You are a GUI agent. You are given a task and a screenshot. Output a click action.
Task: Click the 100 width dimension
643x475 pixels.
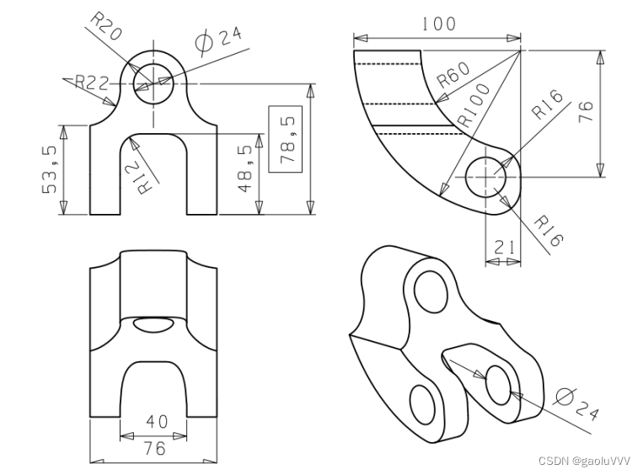pos(437,24)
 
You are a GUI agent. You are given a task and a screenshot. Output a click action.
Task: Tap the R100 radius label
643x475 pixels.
pos(474,106)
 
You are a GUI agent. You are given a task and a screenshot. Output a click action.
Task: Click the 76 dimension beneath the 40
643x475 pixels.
pos(154,448)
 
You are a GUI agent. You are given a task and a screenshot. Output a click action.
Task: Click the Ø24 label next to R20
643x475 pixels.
pos(217,37)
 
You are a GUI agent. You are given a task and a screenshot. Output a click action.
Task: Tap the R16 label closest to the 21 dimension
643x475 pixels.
pos(548,229)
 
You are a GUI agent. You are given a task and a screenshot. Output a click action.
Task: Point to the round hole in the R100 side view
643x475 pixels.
pos(485,177)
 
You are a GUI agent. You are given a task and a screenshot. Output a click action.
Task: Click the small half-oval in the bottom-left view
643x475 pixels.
pos(153,324)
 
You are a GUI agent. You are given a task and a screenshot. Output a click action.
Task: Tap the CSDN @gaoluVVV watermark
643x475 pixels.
pos(584,461)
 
